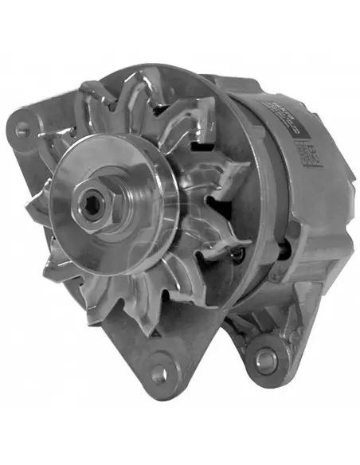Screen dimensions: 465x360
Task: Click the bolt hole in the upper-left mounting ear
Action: (22, 125)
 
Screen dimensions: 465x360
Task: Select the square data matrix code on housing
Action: (305, 150)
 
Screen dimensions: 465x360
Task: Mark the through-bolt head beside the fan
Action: (236, 255)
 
